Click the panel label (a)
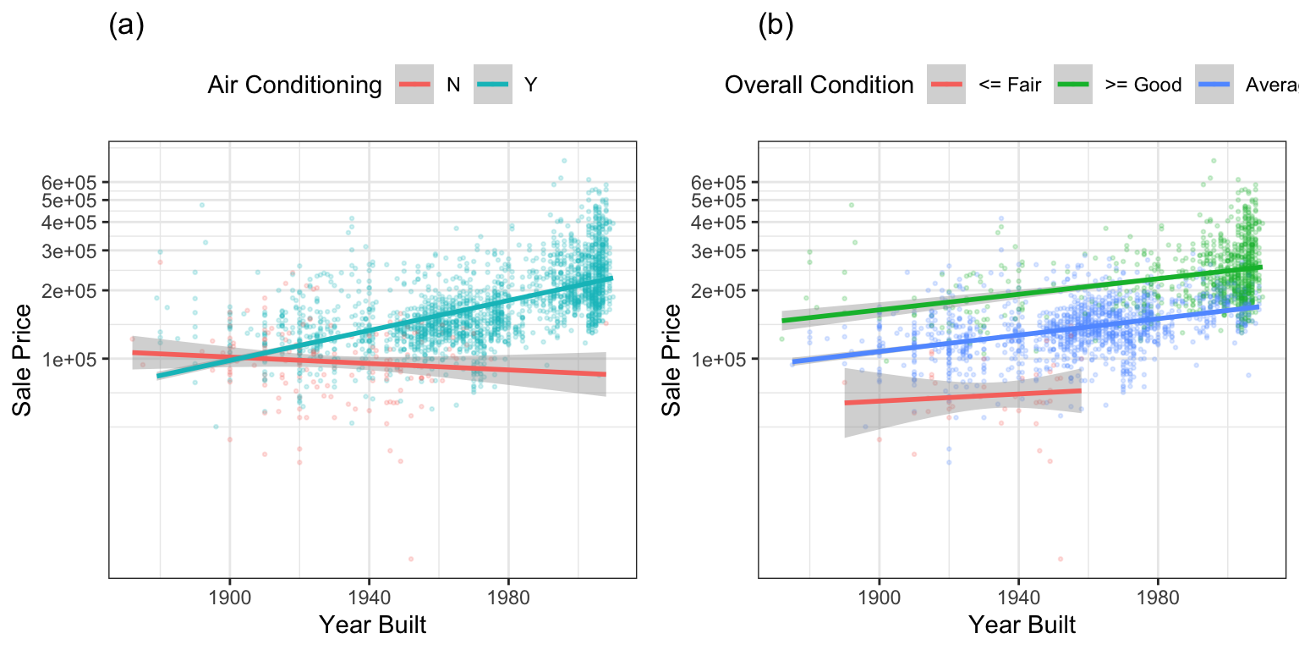point(127,26)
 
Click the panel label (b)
point(776,26)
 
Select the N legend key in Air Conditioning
point(414,85)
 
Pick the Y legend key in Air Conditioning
point(492,85)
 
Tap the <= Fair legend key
point(946,85)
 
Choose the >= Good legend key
point(1072,85)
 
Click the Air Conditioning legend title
point(294,85)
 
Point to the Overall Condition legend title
point(819,85)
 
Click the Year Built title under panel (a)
point(372,625)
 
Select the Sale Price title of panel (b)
point(671,359)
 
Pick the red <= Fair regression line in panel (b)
point(964,396)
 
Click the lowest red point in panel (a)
point(411,559)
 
